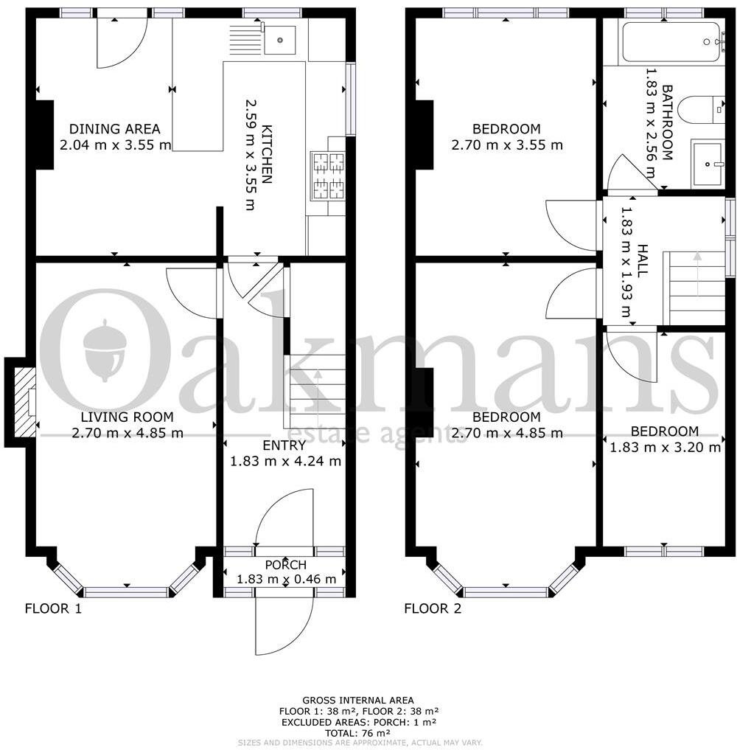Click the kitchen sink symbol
tap(279, 40)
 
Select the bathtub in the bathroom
tap(670, 43)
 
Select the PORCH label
tap(285, 565)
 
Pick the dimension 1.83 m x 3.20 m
tap(664, 447)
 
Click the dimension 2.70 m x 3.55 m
tap(506, 145)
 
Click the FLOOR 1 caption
tap(53, 608)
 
